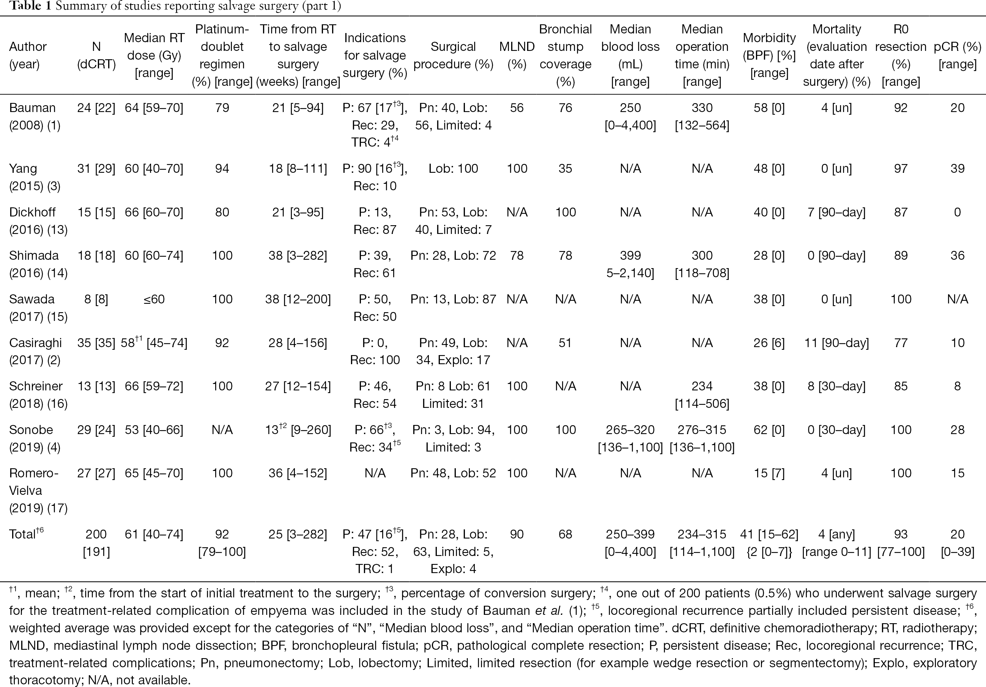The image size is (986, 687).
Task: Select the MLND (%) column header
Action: tap(517, 55)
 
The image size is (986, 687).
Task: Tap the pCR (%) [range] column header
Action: tap(957, 55)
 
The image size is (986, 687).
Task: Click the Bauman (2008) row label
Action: tap(35, 117)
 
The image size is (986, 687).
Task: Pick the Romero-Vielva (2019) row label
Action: tap(38, 491)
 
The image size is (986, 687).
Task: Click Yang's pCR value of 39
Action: tap(957, 168)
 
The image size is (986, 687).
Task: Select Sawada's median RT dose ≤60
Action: tap(154, 299)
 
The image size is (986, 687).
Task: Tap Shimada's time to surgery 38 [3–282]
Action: tap(298, 256)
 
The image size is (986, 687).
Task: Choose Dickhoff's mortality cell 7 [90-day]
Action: tap(836, 212)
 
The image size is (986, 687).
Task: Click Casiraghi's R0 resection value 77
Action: tap(901, 343)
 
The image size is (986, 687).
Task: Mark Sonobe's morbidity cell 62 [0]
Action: tap(769, 430)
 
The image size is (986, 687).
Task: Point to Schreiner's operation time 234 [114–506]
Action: tap(702, 395)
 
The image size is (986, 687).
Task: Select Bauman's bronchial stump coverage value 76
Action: tap(565, 108)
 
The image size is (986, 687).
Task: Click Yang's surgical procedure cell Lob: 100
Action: tap(453, 168)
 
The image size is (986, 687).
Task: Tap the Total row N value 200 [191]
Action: tap(96, 543)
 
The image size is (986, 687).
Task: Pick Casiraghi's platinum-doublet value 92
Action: tap(222, 343)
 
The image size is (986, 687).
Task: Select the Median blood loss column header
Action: tap(630, 55)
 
